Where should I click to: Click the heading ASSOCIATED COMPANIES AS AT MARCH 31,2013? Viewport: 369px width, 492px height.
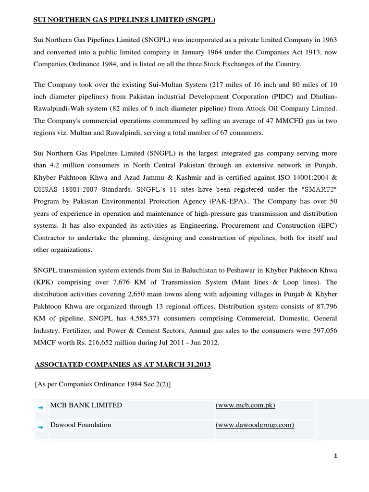click(x=123, y=365)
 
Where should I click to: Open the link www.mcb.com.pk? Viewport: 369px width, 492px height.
click(x=246, y=406)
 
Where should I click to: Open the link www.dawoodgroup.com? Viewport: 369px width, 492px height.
click(x=255, y=425)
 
